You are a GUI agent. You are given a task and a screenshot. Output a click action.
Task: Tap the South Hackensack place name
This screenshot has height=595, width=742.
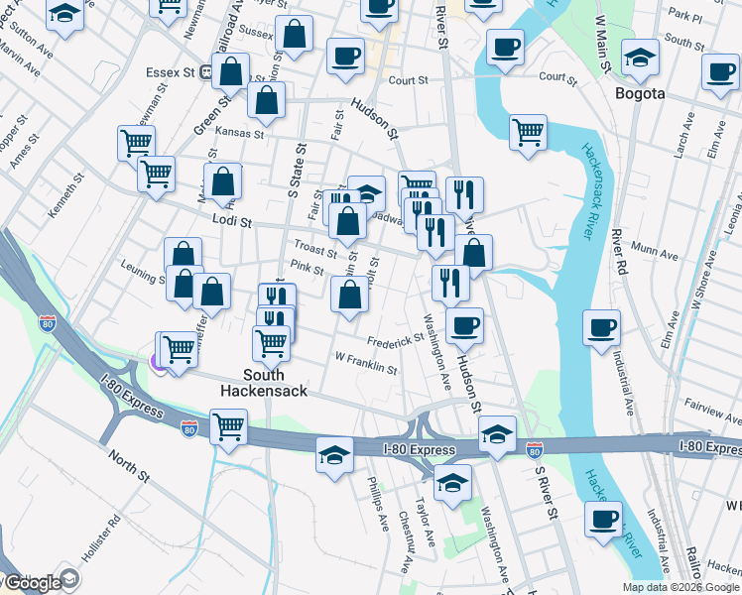pos(264,383)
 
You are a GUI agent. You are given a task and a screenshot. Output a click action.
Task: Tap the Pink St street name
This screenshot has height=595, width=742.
pos(307,268)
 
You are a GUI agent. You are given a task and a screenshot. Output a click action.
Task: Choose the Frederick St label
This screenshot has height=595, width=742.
pos(395,340)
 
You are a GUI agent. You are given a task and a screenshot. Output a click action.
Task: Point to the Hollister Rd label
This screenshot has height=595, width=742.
pos(100,539)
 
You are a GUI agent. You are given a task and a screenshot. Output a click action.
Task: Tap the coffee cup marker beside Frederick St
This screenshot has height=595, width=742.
pos(463,325)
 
